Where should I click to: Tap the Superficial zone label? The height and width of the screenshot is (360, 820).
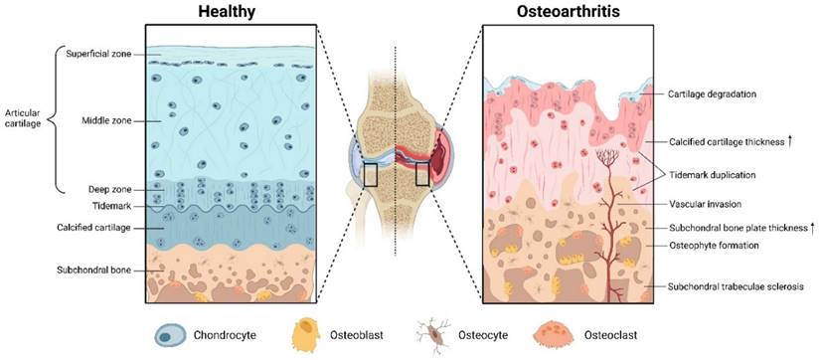(x=99, y=53)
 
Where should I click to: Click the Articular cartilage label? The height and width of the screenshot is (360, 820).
(x=23, y=119)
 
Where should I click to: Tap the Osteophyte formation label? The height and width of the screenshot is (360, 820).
(x=717, y=245)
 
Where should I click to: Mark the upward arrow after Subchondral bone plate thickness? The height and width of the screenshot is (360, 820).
(x=813, y=228)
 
